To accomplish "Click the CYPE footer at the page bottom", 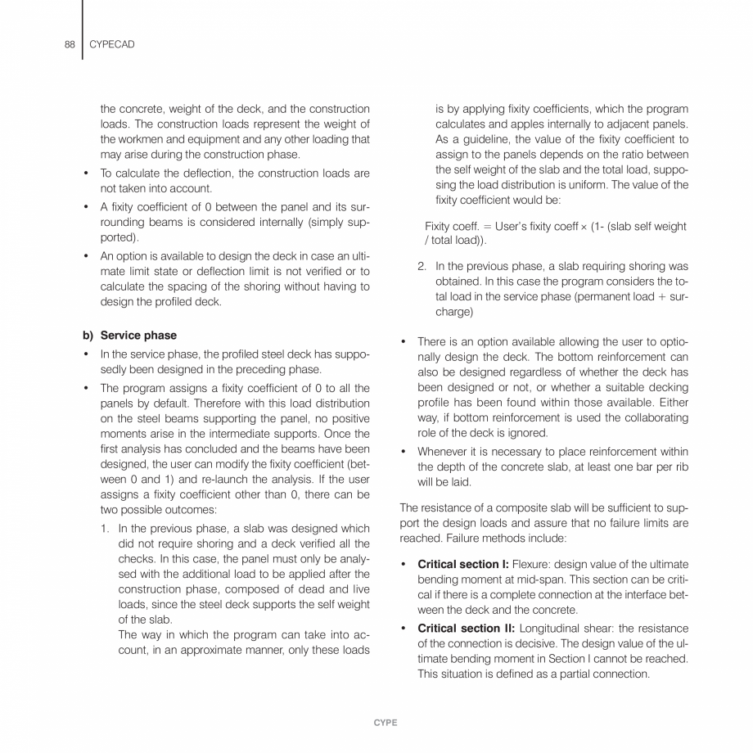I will pyautogui.click(x=385, y=724).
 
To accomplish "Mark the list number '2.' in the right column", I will pyautogui.click(x=422, y=267).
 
